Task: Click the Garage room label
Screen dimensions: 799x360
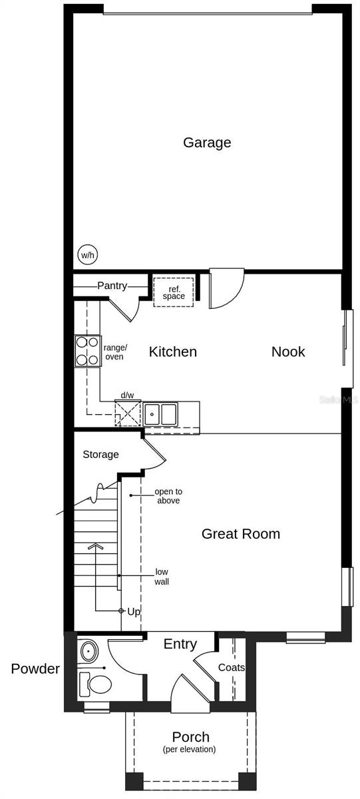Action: click(207, 142)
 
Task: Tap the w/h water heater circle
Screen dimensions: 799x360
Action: click(87, 254)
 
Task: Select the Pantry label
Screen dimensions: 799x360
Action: click(112, 286)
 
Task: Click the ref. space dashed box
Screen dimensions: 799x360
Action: click(174, 292)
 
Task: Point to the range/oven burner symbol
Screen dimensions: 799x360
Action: click(87, 351)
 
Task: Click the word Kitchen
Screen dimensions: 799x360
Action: click(172, 352)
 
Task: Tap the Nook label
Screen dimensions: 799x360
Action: click(287, 352)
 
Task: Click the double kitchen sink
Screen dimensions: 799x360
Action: click(160, 414)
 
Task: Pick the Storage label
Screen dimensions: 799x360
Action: click(100, 455)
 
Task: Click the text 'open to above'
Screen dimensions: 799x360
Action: click(168, 496)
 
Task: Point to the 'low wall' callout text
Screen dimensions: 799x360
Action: click(162, 577)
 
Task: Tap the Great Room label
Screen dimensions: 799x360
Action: click(240, 533)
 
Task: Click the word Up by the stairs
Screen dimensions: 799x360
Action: click(134, 611)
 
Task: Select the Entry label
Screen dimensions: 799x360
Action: click(180, 644)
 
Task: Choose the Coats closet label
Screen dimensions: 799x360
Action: click(232, 667)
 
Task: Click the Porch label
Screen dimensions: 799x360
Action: click(191, 737)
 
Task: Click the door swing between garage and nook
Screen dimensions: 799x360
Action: click(226, 290)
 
